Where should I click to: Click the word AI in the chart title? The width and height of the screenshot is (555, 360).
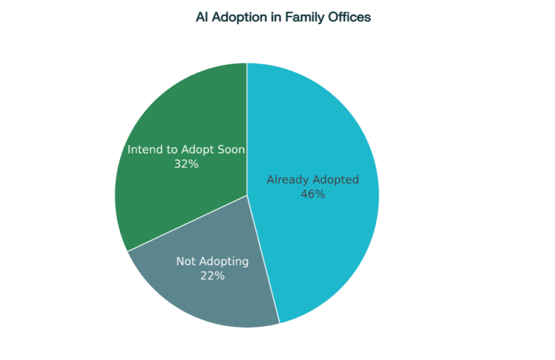coord(202,17)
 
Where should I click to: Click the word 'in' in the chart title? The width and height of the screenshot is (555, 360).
coord(276,17)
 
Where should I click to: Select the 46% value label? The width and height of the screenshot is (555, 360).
coord(313,194)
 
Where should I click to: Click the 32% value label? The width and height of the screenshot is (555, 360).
coord(186,164)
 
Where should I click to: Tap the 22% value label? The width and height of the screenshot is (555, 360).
coord(212,276)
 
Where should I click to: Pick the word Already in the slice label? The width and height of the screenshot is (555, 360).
coord(288,180)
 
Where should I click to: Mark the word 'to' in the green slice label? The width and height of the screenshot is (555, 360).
coord(172,150)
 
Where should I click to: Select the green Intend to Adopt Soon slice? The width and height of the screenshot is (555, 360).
coord(177,117)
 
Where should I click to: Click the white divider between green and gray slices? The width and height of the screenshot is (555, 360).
coord(187,223)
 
